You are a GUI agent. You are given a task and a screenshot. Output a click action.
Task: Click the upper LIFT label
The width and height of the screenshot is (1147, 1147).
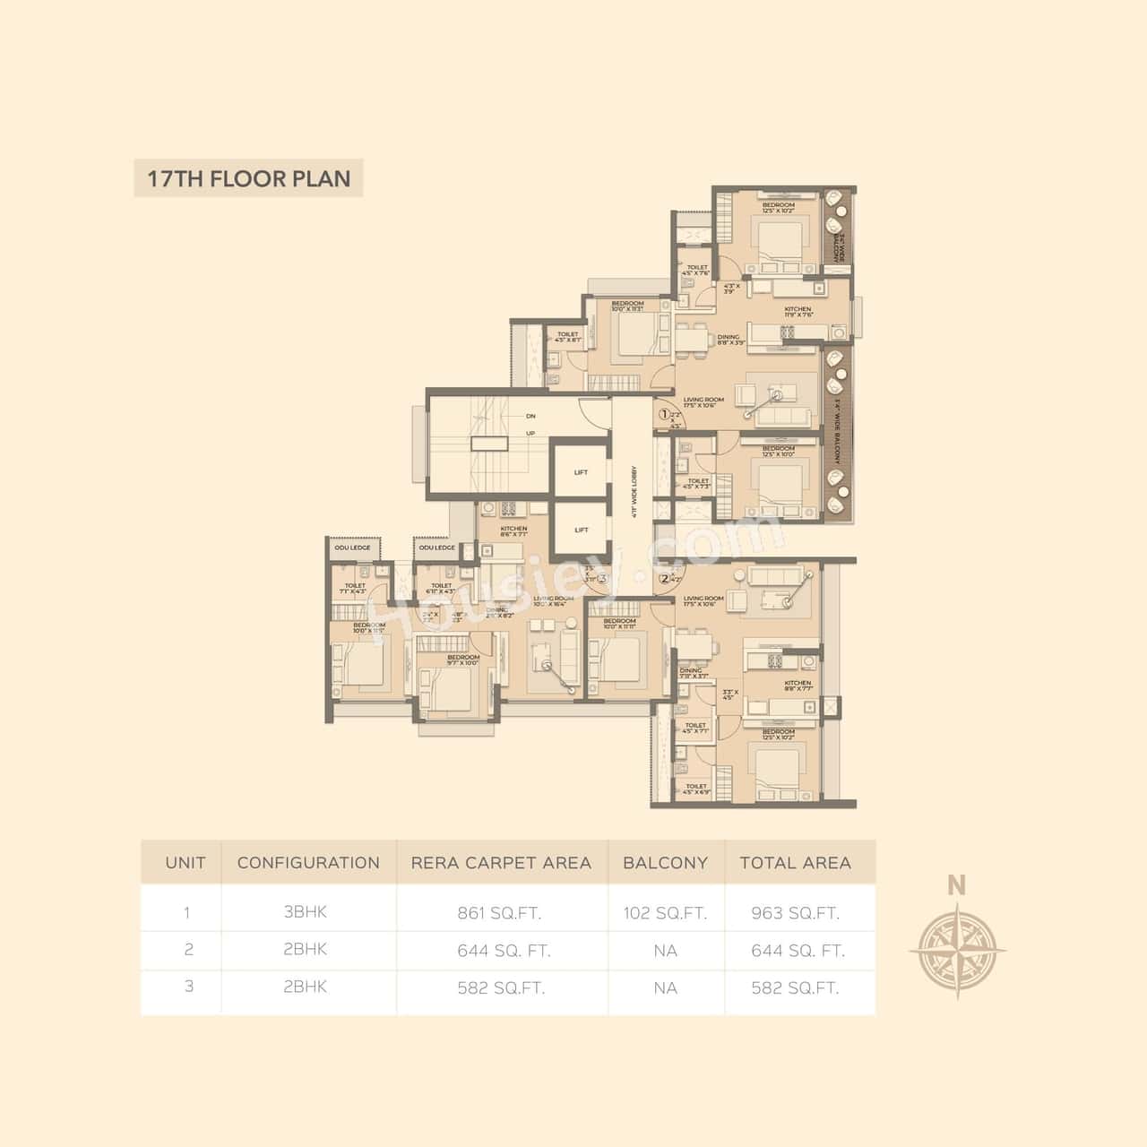click(581, 472)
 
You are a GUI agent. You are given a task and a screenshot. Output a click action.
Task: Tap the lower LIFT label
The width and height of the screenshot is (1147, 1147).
click(581, 530)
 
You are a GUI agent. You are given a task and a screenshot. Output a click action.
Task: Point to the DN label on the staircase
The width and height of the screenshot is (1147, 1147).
click(530, 416)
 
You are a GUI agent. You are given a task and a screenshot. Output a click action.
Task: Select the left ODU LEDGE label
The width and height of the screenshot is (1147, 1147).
click(352, 548)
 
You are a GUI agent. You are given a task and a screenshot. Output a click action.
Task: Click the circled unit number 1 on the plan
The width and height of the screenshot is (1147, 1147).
click(665, 415)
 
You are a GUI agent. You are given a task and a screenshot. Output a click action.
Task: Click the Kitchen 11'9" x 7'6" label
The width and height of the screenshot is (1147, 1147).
click(798, 312)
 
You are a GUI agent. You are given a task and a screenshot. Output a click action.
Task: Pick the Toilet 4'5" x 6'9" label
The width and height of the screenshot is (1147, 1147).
click(696, 789)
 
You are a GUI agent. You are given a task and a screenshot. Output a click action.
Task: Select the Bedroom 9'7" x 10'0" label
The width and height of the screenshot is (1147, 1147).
click(463, 660)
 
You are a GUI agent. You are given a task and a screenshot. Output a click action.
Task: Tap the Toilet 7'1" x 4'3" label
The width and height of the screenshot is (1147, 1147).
click(355, 589)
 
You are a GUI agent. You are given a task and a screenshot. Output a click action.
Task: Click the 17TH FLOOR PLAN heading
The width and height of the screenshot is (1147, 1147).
click(248, 178)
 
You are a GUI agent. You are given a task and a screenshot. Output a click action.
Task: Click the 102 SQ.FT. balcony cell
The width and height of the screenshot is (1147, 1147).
click(665, 913)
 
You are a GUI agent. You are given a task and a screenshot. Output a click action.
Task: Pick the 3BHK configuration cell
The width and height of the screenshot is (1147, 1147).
click(306, 912)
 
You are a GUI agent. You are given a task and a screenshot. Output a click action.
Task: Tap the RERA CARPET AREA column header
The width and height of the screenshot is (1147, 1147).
click(501, 863)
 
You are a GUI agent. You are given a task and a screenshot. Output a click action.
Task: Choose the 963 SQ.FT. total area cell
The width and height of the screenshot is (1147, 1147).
click(795, 913)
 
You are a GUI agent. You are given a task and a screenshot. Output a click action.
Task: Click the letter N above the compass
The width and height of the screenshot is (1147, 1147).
click(957, 885)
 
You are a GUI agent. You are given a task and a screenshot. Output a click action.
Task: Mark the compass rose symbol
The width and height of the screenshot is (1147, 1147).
click(957, 950)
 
